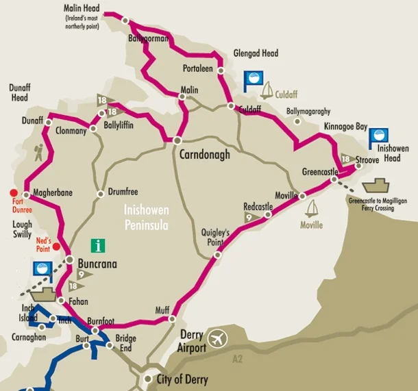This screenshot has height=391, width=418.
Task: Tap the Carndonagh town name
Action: (x=204, y=155)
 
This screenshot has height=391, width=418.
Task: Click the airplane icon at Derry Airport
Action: (x=219, y=338)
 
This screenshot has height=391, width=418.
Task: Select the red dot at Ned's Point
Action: (x=58, y=247)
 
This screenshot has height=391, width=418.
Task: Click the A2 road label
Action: (x=237, y=357)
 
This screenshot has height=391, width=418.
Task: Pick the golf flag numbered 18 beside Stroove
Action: (x=345, y=158)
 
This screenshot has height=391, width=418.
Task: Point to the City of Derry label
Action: (x=184, y=379)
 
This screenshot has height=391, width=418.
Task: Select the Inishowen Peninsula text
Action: (x=147, y=216)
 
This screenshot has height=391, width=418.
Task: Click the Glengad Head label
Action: (x=256, y=53)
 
